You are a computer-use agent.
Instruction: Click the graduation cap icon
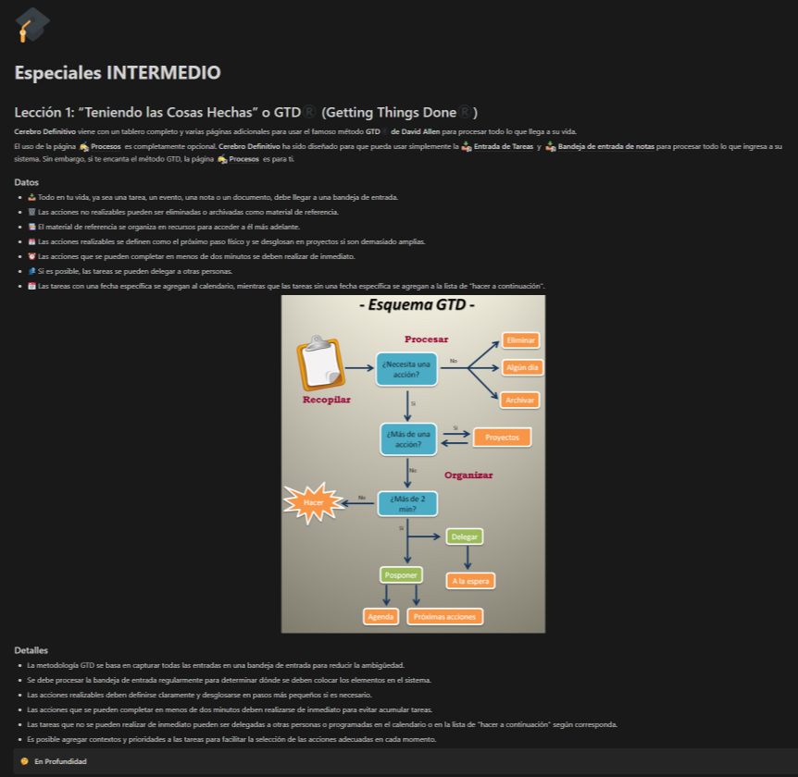click(x=33, y=24)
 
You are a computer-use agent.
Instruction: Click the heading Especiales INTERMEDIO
click(x=118, y=72)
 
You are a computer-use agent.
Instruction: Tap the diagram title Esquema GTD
click(x=416, y=306)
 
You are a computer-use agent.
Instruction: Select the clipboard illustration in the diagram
click(x=319, y=364)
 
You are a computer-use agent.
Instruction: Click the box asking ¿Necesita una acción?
click(x=406, y=369)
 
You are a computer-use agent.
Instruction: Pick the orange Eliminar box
click(x=521, y=340)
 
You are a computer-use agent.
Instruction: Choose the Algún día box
click(x=521, y=367)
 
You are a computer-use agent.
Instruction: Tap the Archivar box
click(x=520, y=400)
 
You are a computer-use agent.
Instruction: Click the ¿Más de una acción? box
click(x=408, y=438)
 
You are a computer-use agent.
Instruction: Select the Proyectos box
click(x=503, y=437)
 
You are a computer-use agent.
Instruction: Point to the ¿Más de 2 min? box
click(x=408, y=503)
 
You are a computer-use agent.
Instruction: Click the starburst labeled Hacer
click(x=314, y=502)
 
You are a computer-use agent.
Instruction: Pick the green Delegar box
click(x=465, y=536)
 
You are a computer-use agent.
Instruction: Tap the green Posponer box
click(x=401, y=574)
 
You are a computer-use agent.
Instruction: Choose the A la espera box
click(x=471, y=581)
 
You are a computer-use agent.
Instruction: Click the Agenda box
click(x=380, y=616)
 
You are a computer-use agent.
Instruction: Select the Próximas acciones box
click(x=445, y=616)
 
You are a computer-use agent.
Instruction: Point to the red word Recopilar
click(x=327, y=400)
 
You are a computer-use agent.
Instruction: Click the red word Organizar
click(x=468, y=475)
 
